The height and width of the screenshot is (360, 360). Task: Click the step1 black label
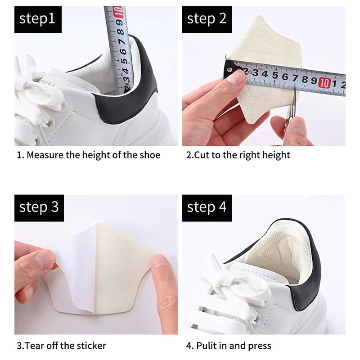[38, 19]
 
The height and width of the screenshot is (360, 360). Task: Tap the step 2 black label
[207, 19]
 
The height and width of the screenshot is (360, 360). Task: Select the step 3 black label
[39, 207]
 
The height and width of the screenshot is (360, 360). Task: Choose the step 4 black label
[207, 207]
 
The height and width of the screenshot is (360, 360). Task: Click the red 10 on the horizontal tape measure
[324, 83]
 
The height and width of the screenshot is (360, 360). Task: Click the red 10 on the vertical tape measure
[118, 12]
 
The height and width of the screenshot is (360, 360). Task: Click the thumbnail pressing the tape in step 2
[236, 79]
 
